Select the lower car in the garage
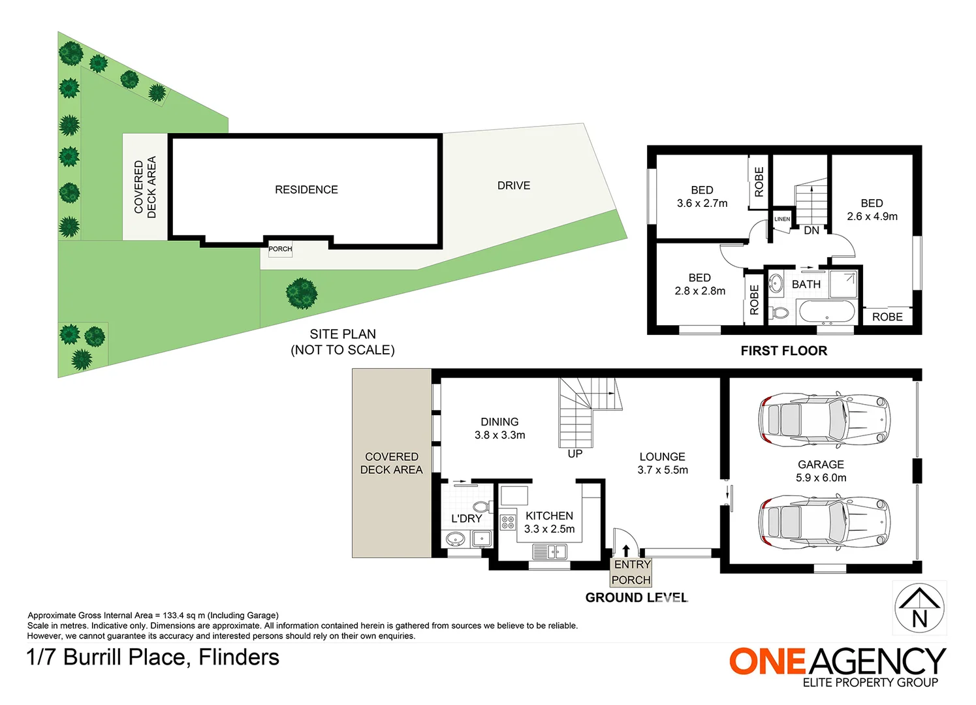tap(824, 522)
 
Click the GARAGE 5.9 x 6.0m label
tap(821, 471)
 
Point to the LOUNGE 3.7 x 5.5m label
tap(662, 463)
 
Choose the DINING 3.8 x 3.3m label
tap(499, 428)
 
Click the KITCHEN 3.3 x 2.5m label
tap(549, 522)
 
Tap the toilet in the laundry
tap(481, 507)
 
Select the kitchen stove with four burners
tap(507, 522)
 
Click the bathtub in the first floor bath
tap(826, 311)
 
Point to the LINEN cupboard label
tap(782, 219)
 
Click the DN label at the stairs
tap(811, 230)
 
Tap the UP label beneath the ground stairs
tap(575, 454)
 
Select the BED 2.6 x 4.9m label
tap(872, 210)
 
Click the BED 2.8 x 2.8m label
tap(700, 284)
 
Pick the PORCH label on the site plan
tap(280, 249)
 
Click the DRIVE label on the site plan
tap(514, 185)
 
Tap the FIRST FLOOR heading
tap(783, 351)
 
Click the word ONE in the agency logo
tap(768, 661)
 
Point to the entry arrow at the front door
tap(626, 550)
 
